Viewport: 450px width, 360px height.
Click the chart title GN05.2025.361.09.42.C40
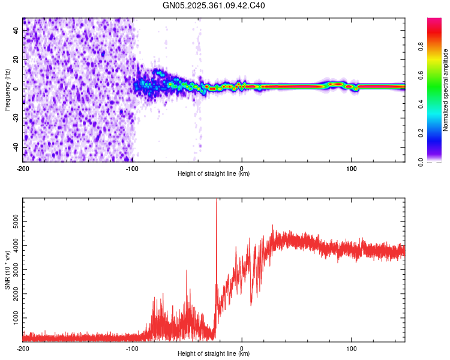pos(214,6)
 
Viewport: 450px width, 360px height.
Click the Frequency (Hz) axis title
pos(7,90)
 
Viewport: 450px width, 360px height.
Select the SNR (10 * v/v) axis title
pos(7,270)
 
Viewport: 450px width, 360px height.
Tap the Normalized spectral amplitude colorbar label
pos(445,90)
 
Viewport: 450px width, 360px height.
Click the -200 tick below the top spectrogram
pos(23,167)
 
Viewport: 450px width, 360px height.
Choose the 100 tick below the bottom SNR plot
pos(352,348)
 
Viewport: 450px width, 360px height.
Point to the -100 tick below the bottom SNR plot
pos(132,348)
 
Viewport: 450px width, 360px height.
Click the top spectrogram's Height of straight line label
pos(214,174)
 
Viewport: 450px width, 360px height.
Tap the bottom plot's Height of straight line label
pos(214,354)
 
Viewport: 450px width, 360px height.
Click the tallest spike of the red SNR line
pos(216,201)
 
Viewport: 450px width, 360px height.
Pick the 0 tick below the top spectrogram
pos(242,167)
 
